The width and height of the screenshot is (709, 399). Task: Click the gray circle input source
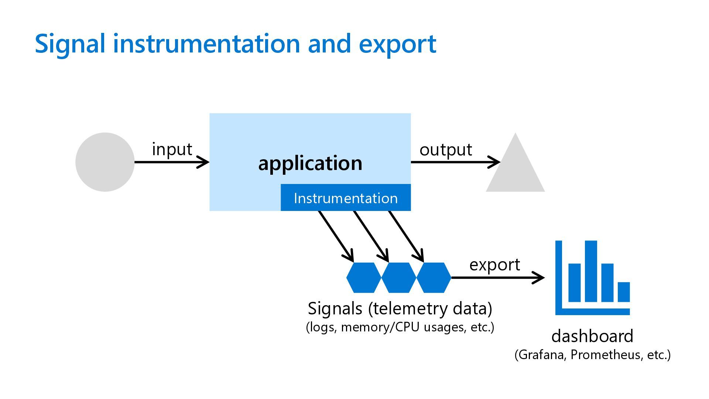point(105,162)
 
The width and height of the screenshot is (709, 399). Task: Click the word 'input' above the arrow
point(172,149)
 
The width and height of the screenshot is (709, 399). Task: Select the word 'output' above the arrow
point(446,150)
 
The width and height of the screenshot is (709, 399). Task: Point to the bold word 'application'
point(310,163)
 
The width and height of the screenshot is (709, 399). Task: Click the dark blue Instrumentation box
point(346,198)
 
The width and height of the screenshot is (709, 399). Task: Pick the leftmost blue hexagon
point(364,277)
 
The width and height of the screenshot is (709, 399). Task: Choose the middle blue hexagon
point(399,277)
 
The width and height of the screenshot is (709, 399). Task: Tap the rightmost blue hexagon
point(434,277)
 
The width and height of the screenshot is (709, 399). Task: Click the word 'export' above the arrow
point(494,265)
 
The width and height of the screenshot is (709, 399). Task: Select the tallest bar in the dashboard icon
point(591,271)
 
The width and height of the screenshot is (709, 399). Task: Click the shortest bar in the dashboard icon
point(624,292)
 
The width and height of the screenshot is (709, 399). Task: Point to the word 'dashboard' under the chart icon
point(592,336)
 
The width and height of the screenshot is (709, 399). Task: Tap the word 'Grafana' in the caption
point(541,355)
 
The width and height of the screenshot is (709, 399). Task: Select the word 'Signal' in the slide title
point(70,44)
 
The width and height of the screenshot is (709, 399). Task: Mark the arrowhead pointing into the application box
point(205,162)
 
